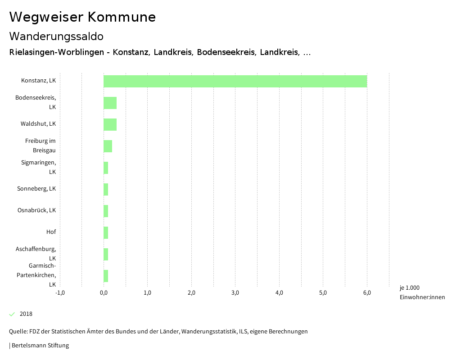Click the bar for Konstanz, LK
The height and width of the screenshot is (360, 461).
click(x=235, y=81)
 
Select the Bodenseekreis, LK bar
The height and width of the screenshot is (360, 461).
click(x=110, y=103)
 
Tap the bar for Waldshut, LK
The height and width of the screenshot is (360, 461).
click(x=110, y=124)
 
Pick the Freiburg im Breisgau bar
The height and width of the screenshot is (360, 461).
click(x=108, y=146)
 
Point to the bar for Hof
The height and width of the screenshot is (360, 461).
click(x=106, y=232)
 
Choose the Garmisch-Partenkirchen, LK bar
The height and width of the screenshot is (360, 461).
click(x=106, y=276)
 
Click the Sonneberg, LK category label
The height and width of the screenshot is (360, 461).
click(x=36, y=189)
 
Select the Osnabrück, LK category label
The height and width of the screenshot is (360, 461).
click(x=36, y=210)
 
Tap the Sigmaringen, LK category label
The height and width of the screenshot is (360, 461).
click(x=38, y=167)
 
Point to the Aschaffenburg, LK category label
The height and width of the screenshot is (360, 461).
click(x=36, y=253)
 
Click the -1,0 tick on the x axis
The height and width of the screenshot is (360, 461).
click(x=60, y=293)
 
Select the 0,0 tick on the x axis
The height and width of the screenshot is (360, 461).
click(x=104, y=293)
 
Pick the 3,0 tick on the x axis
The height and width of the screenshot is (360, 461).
click(x=235, y=293)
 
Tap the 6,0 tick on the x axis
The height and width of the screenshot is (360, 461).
click(x=367, y=293)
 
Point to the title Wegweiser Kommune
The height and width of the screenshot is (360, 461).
click(x=82, y=17)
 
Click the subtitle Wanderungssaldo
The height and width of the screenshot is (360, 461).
click(x=56, y=36)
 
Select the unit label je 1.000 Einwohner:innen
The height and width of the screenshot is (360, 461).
click(x=422, y=292)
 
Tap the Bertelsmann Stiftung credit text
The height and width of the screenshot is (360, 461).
click(x=40, y=346)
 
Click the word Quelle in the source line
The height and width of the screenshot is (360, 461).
click(x=18, y=332)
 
